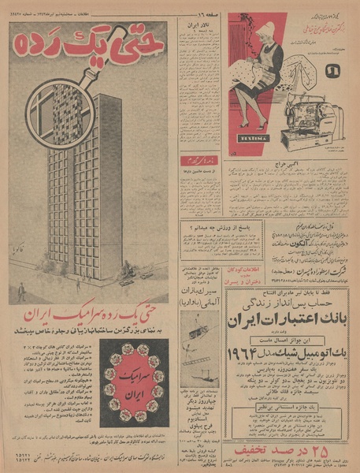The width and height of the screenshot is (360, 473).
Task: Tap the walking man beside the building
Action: click(x=22, y=288)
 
